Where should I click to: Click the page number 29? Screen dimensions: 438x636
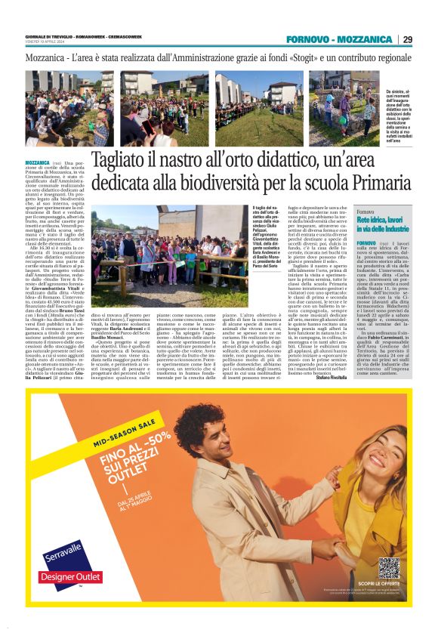tap(407, 39)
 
